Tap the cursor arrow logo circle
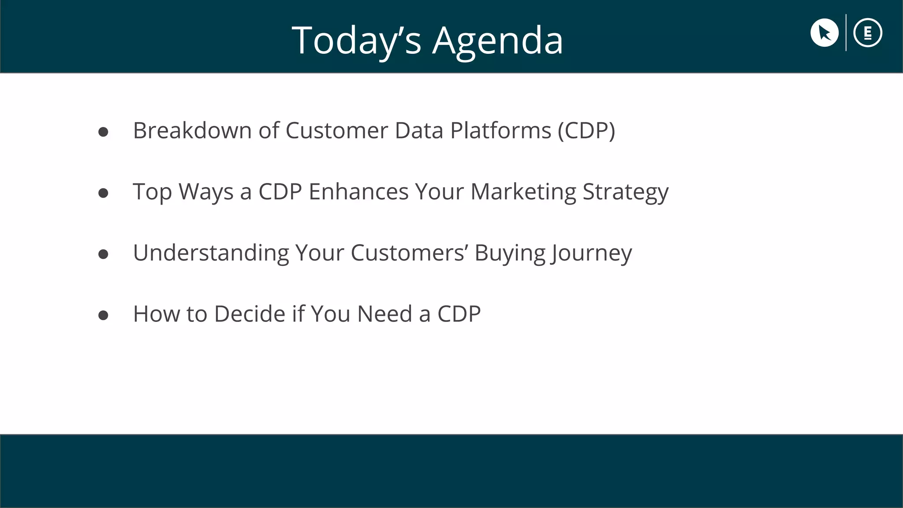pyautogui.click(x=824, y=33)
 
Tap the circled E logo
pyautogui.click(x=867, y=33)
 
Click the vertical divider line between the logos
pyautogui.click(x=846, y=33)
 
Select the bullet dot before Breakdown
pyautogui.click(x=103, y=132)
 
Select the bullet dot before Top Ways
pyautogui.click(x=103, y=193)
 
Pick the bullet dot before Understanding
pyautogui.click(x=103, y=254)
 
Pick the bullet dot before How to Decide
pyautogui.click(x=103, y=315)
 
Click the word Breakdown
pyautogui.click(x=192, y=131)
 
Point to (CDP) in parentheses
pyautogui.click(x=586, y=131)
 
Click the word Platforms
pyautogui.click(x=500, y=131)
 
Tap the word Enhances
pyautogui.click(x=358, y=192)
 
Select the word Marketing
pyautogui.click(x=523, y=192)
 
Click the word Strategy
pyautogui.click(x=625, y=192)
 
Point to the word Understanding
pyautogui.click(x=211, y=253)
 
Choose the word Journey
pyautogui.click(x=591, y=253)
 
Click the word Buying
pyautogui.click(x=510, y=253)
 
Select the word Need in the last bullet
pyautogui.click(x=384, y=314)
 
